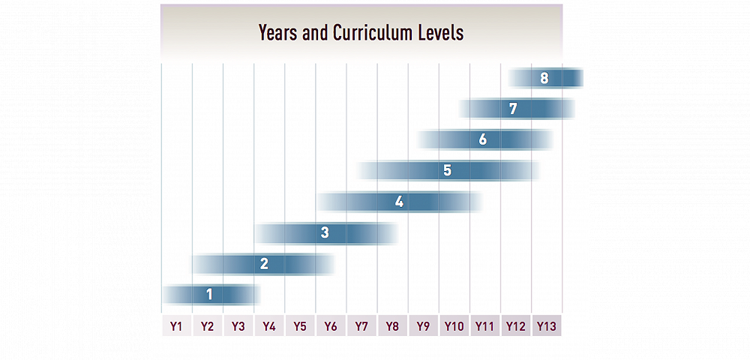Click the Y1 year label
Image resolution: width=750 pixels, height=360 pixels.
click(176, 326)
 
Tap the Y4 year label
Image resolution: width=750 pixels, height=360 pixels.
click(269, 326)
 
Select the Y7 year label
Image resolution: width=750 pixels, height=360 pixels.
click(361, 326)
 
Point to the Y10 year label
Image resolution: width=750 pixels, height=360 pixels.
click(454, 326)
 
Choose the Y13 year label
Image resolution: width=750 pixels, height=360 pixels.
click(546, 326)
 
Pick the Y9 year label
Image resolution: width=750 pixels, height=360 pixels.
click(423, 326)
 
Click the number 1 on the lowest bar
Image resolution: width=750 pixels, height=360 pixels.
click(209, 295)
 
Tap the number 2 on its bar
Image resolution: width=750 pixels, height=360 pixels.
click(264, 263)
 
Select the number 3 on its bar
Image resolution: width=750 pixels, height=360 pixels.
click(325, 232)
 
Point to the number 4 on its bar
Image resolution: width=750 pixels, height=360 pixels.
click(399, 202)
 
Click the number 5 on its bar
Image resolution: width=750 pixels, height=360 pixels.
click(447, 170)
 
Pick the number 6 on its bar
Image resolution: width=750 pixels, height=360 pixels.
click(483, 139)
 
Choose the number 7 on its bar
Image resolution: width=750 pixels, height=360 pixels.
click(513, 108)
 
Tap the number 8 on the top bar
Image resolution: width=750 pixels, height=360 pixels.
click(544, 77)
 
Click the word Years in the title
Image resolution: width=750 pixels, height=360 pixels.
click(279, 33)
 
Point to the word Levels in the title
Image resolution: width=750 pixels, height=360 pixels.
click(444, 33)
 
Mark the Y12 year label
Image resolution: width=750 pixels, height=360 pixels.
click(515, 326)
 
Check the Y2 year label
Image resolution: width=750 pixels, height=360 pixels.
click(208, 326)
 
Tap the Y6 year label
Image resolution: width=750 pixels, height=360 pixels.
click(331, 326)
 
